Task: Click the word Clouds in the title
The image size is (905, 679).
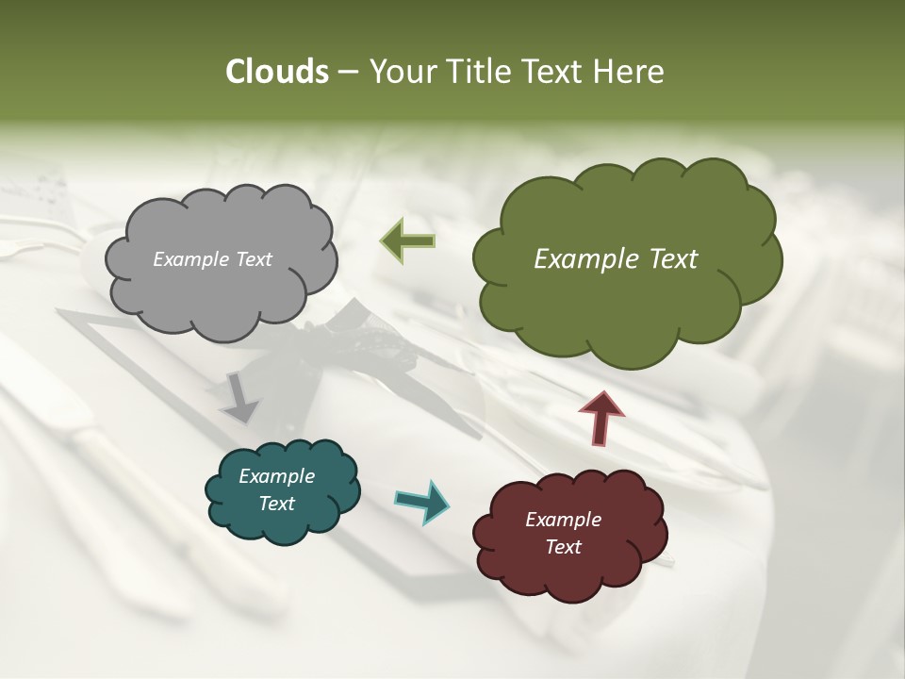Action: [x=277, y=72]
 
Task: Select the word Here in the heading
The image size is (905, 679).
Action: [x=630, y=72]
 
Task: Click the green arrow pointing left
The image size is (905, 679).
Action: [x=408, y=241]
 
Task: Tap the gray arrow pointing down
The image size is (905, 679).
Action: [x=239, y=397]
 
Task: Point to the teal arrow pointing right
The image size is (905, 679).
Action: [x=422, y=500]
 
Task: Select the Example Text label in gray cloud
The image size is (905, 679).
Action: [x=212, y=259]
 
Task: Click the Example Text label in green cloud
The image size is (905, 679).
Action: [x=616, y=259]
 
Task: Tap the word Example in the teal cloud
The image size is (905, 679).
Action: [x=276, y=476]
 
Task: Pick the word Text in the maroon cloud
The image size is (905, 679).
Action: [x=563, y=547]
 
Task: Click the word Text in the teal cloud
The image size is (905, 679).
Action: [x=276, y=504]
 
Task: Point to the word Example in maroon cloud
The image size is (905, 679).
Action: [x=563, y=520]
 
